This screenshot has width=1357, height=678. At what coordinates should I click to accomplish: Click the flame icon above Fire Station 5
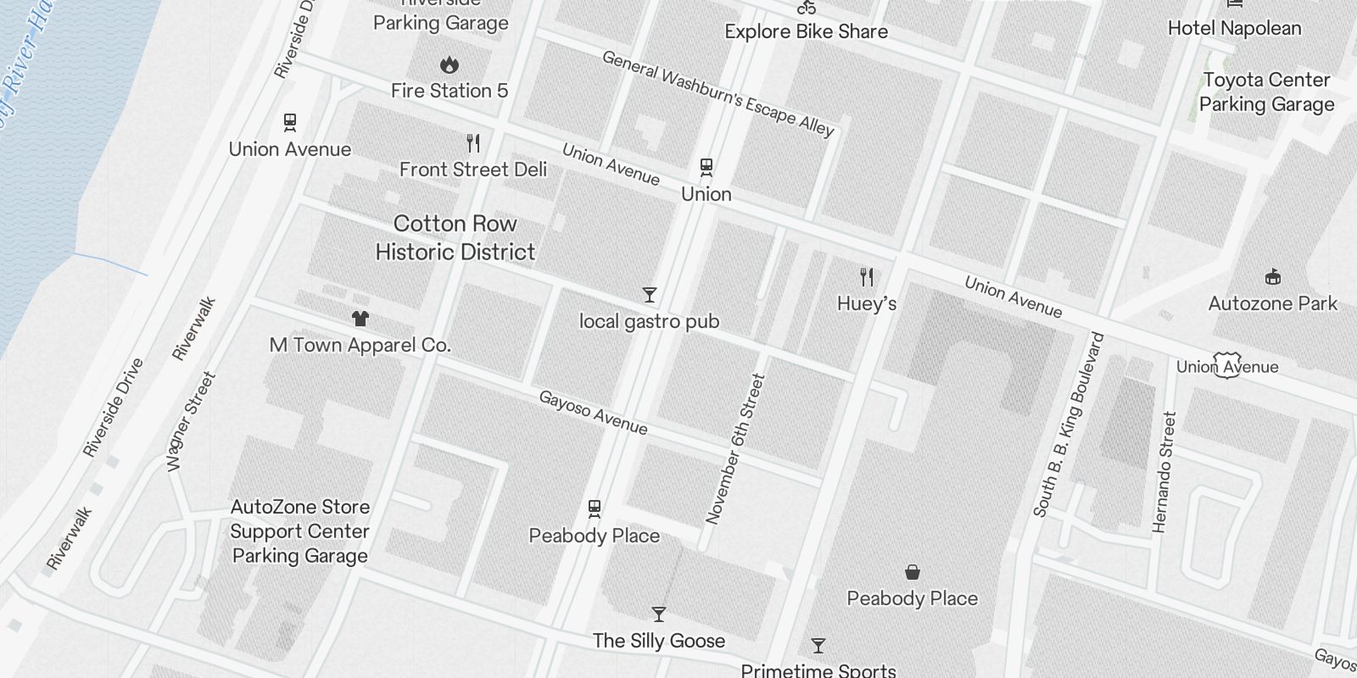tap(449, 64)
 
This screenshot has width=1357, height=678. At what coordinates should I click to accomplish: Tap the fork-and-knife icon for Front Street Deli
tap(473, 143)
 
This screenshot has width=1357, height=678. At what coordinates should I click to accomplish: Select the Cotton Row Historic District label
tap(455, 238)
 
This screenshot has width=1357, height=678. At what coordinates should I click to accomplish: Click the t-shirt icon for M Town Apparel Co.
tap(360, 319)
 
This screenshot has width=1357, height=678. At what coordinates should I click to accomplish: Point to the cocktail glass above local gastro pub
tap(650, 295)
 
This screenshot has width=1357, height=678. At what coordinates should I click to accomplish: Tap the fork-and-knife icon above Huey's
tap(867, 277)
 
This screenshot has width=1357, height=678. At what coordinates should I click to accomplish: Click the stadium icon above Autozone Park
tap(1272, 276)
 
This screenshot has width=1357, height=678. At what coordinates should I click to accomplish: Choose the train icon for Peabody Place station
tap(595, 508)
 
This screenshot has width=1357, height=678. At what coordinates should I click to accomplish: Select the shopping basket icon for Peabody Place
tap(913, 572)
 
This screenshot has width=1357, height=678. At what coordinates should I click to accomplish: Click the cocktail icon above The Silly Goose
tap(659, 614)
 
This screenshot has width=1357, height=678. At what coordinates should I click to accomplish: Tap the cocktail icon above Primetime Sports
tap(818, 646)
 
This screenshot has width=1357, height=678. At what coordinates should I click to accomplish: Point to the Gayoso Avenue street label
tap(594, 413)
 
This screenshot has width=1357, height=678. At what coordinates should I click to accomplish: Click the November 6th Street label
tap(735, 449)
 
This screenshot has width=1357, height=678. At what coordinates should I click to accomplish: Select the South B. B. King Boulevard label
tap(1069, 425)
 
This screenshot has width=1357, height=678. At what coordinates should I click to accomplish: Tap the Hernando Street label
tap(1164, 472)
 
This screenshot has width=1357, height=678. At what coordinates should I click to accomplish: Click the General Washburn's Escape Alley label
tap(718, 93)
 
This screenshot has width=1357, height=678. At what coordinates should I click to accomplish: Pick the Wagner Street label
tap(191, 421)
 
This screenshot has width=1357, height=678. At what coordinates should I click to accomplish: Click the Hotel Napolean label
tap(1234, 28)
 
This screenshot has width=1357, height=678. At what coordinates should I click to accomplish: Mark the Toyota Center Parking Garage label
tap(1266, 92)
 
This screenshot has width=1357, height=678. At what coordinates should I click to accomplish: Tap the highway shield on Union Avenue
tap(1227, 365)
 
